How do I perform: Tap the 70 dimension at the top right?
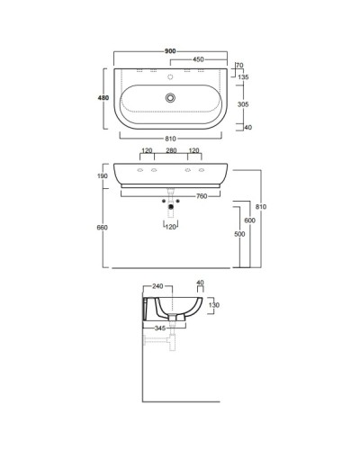tap(239, 67)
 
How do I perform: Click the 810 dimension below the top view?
tap(172, 137)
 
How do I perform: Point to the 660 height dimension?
tap(103, 228)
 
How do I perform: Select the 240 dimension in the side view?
tap(158, 286)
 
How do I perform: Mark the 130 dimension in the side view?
tap(214, 305)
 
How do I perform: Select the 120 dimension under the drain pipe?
tap(172, 226)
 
